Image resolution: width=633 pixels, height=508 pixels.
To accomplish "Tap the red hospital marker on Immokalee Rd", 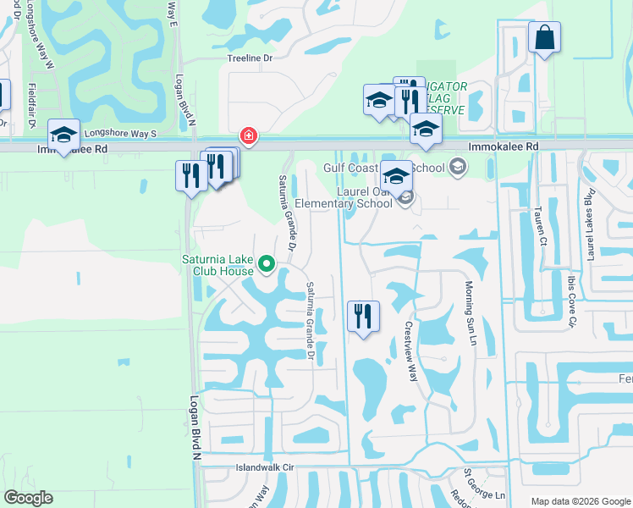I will pyautogui.click(x=248, y=135).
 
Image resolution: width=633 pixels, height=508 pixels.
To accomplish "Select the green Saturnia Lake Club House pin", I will pyautogui.click(x=267, y=266).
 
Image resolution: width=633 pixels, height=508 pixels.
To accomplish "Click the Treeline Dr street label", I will pyautogui.click(x=251, y=59).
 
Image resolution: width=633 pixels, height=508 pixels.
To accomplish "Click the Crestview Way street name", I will pyautogui.click(x=411, y=351).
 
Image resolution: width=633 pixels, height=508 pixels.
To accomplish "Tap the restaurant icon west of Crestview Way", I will pyautogui.click(x=364, y=317).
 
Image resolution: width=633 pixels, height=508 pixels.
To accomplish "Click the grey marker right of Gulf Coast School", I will pyautogui.click(x=459, y=166).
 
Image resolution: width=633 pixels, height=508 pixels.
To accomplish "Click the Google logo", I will pyautogui.click(x=28, y=498).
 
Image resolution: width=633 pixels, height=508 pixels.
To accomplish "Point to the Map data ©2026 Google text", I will pyautogui.click(x=577, y=501).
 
